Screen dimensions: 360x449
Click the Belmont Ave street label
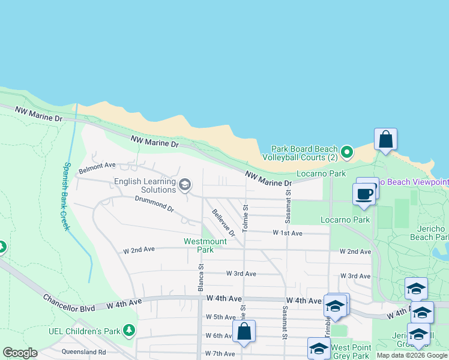click(97, 165)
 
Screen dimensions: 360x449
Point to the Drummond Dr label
click(154, 205)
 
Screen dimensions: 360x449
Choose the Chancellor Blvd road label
click(69, 303)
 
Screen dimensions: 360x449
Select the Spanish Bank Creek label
click(67, 196)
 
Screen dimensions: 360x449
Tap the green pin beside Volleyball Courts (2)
click(346, 153)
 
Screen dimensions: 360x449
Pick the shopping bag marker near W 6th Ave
click(244, 331)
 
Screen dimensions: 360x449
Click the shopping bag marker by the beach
click(385, 140)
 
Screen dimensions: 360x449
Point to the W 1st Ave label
click(288, 232)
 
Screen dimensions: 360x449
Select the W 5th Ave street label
click(220, 317)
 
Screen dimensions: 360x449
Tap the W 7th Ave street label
click(220, 354)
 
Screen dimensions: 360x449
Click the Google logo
click(20, 353)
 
